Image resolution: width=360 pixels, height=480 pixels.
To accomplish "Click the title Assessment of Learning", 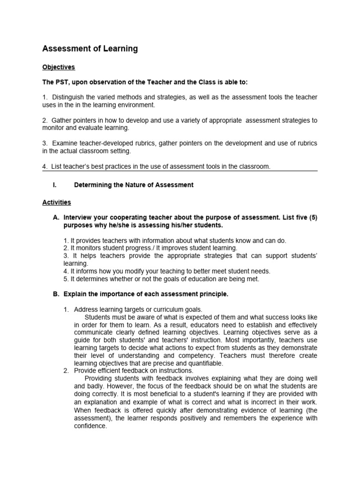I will click(90, 49).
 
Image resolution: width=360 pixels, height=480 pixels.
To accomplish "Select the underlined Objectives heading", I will click(59, 67).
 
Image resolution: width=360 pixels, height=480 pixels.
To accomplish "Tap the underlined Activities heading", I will click(57, 202).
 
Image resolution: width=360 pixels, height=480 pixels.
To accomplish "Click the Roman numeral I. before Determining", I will click(55, 185).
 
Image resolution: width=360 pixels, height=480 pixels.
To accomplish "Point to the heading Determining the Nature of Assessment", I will click(134, 185).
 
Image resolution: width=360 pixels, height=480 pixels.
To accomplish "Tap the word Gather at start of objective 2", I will click(62, 120).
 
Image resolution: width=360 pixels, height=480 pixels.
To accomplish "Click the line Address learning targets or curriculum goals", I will click(138, 309).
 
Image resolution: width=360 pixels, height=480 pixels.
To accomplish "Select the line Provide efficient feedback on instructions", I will click(133, 370).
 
